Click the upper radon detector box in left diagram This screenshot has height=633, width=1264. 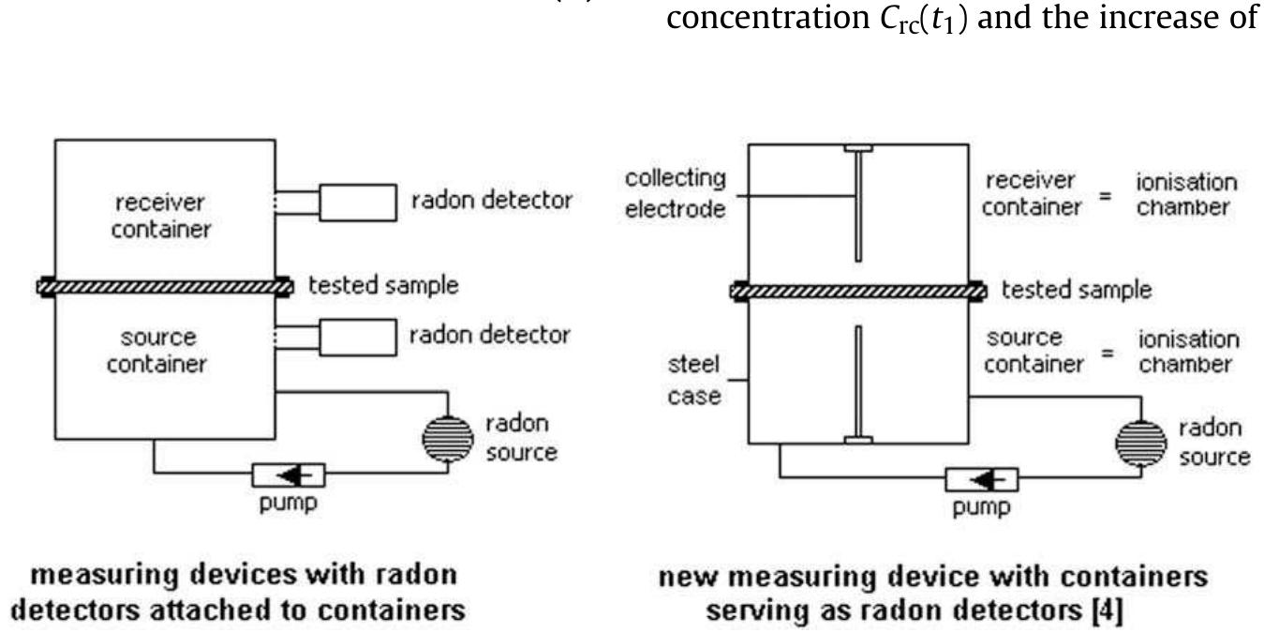[361, 202]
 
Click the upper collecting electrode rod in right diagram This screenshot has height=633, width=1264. [858, 206]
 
